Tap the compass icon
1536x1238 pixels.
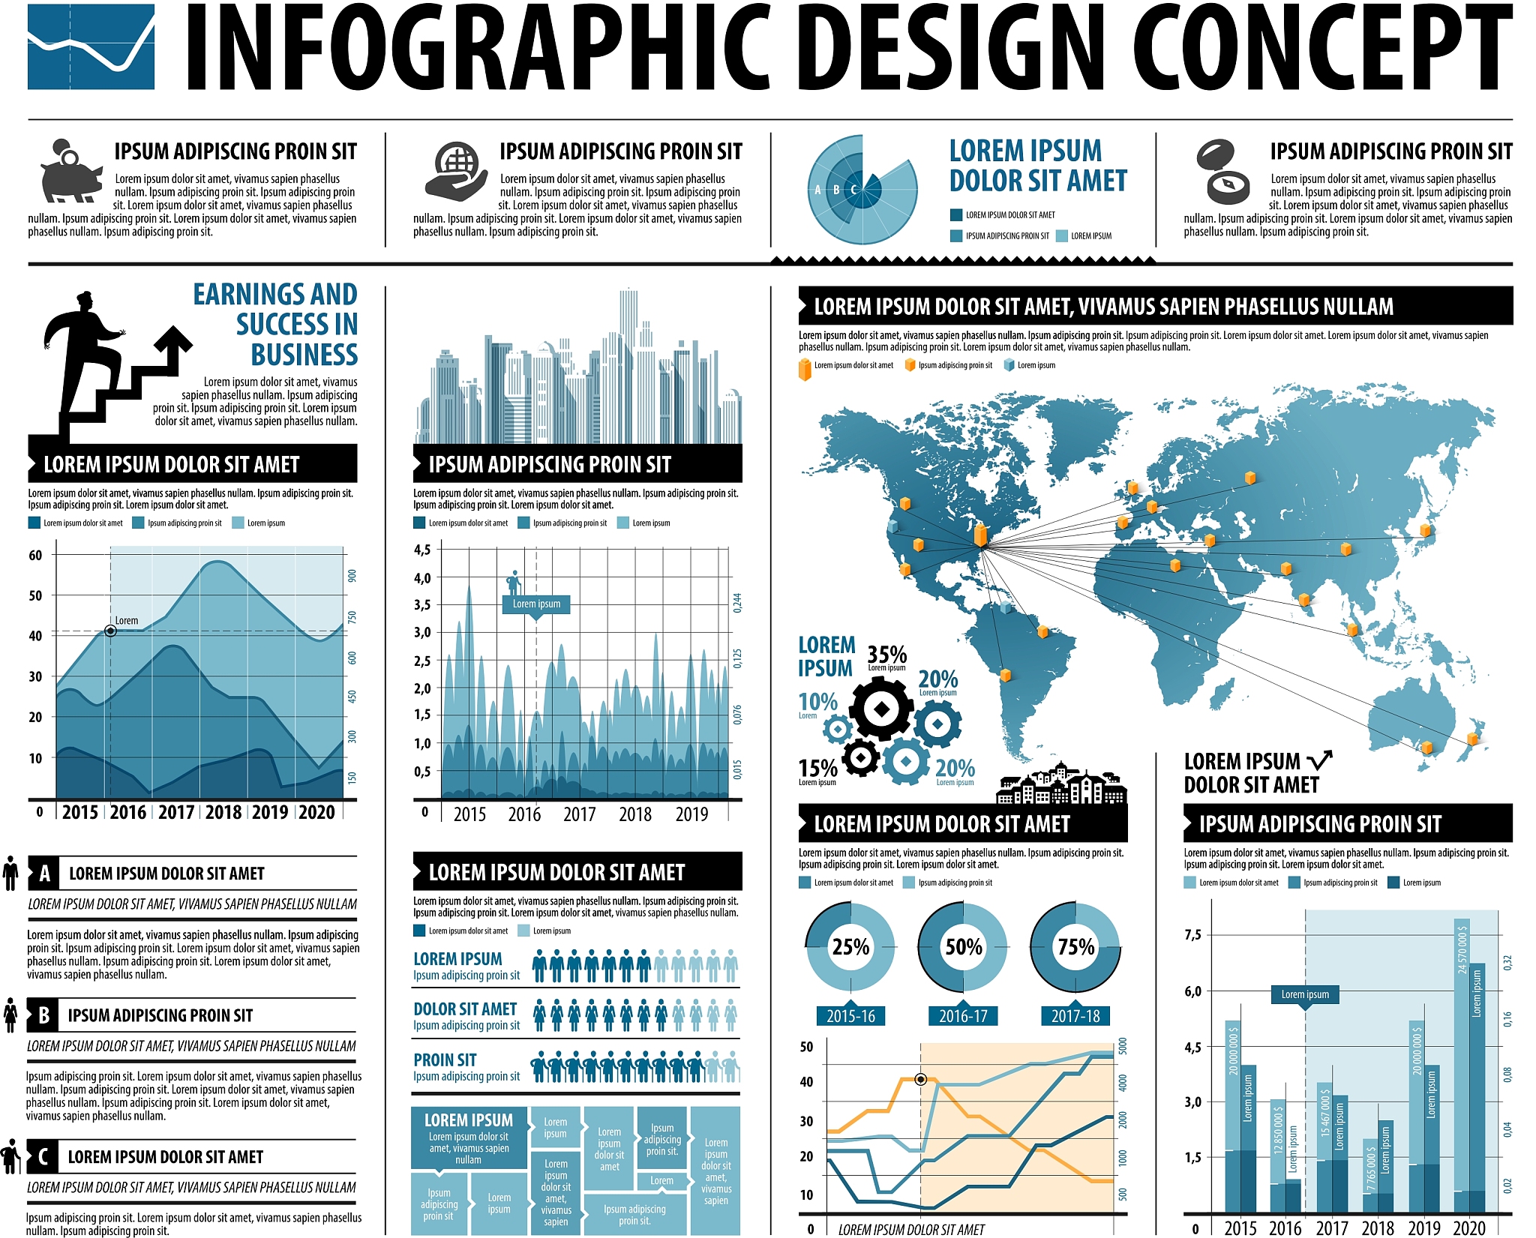point(1223,173)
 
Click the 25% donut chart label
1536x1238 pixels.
point(850,947)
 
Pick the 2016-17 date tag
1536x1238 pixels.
point(963,1016)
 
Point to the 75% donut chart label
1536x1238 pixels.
point(1075,947)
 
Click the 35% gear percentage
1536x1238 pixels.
point(886,655)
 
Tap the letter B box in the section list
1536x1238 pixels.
point(43,1015)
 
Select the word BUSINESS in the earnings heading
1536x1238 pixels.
point(304,355)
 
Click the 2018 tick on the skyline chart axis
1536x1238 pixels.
point(635,814)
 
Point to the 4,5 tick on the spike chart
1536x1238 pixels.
point(422,550)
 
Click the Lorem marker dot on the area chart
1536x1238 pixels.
point(110,631)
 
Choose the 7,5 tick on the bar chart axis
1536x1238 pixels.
point(1192,934)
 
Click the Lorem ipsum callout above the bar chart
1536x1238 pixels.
point(1305,995)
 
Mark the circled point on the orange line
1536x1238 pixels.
point(921,1080)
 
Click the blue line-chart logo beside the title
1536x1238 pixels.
point(91,46)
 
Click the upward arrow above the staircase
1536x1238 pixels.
point(173,346)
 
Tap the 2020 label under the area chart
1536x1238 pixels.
point(316,813)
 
